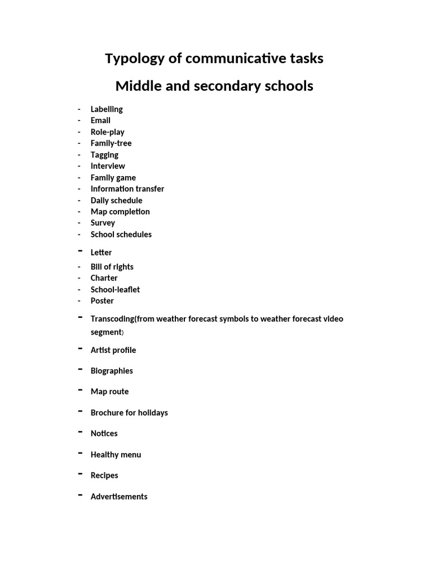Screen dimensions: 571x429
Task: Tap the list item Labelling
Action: (x=107, y=109)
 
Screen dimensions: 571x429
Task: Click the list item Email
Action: (x=101, y=120)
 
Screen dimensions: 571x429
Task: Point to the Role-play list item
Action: (x=107, y=132)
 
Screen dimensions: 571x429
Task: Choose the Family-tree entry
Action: (x=111, y=143)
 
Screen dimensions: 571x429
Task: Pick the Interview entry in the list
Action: (x=108, y=166)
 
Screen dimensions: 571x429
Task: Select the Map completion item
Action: (x=120, y=212)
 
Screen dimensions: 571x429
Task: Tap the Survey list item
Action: (x=103, y=223)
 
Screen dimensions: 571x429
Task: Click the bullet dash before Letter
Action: (x=80, y=251)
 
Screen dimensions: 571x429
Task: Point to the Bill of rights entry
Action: (x=112, y=267)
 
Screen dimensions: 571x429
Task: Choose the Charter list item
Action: (x=104, y=278)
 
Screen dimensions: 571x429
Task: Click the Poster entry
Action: (x=102, y=301)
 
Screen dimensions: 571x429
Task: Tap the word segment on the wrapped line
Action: (x=106, y=332)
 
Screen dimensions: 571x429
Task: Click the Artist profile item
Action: (x=113, y=350)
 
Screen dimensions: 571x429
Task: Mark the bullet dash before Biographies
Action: (x=80, y=370)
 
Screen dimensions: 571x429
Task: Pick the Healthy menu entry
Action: (x=116, y=455)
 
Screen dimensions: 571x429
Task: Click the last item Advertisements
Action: (x=119, y=497)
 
